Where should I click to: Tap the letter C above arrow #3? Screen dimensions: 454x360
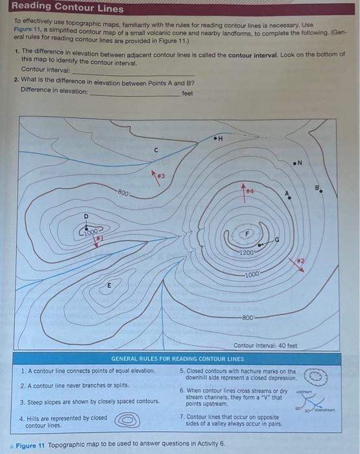tap(156, 150)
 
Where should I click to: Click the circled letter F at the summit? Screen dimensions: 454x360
tap(246, 234)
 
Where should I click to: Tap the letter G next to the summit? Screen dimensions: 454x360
tap(278, 241)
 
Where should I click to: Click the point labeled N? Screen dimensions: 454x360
tap(300, 162)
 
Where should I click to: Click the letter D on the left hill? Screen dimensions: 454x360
tap(86, 217)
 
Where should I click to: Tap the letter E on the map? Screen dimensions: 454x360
tap(109, 285)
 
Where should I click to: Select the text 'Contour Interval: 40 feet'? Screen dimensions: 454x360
tap(265, 346)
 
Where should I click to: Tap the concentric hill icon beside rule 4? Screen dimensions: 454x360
tap(128, 420)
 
